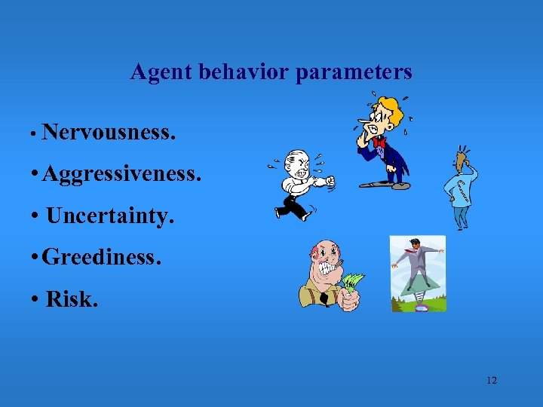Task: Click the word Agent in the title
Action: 161,72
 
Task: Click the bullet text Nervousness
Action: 110,133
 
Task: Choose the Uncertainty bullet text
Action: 110,216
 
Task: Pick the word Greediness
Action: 102,257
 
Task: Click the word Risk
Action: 72,298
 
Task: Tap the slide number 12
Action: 492,381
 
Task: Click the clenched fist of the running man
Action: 327,181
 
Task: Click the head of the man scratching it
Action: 459,161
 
